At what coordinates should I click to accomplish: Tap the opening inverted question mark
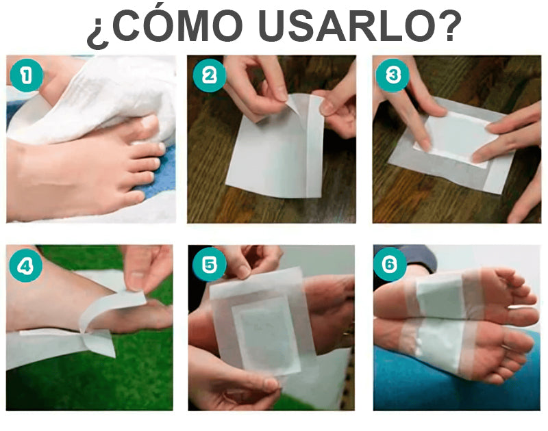(98, 31)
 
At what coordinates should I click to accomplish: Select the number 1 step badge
(27, 76)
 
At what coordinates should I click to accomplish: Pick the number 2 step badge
(210, 75)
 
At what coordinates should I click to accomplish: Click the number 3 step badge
(393, 75)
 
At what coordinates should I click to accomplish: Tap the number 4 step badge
(25, 266)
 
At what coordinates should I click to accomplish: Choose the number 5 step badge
(209, 265)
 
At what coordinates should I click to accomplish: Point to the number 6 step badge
(390, 265)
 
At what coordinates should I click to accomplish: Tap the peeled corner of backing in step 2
(294, 104)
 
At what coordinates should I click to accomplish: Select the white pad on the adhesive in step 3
(456, 137)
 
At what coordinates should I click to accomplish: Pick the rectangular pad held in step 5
(266, 336)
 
